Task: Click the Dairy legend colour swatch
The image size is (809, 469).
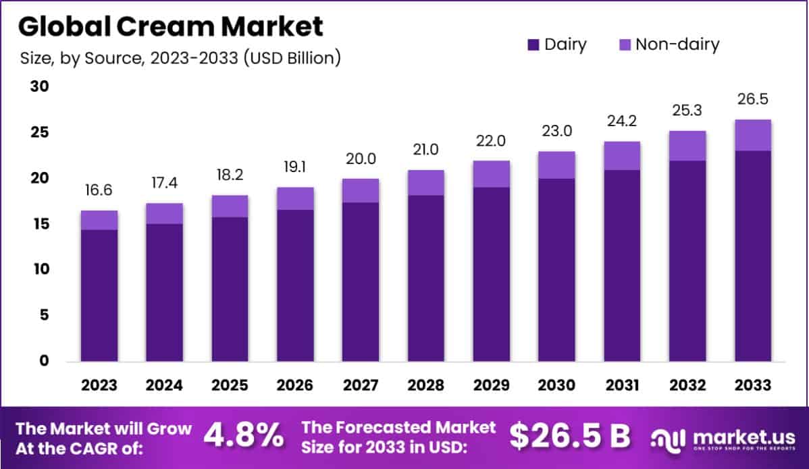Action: click(533, 45)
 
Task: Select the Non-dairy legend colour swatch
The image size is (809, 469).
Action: click(625, 45)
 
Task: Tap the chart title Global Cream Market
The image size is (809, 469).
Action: click(170, 26)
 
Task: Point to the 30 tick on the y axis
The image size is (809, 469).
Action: click(38, 86)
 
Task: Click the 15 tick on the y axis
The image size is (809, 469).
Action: click(38, 223)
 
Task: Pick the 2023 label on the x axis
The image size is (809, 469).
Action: click(99, 385)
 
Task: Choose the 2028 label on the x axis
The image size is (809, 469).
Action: click(425, 385)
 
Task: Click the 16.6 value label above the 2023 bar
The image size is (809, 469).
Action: click(99, 191)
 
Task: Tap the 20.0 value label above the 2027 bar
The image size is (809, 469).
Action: click(360, 159)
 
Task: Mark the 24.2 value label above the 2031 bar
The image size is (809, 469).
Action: click(622, 121)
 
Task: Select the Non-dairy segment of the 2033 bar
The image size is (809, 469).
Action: click(753, 135)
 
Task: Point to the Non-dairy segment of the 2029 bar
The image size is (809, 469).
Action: click(491, 174)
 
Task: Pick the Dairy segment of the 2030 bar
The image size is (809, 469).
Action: click(556, 270)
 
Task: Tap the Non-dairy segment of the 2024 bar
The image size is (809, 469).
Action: click(164, 213)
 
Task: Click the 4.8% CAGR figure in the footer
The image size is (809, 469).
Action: click(244, 437)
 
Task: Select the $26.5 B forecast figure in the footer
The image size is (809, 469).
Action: click(570, 437)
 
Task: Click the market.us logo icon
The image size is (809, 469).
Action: click(667, 439)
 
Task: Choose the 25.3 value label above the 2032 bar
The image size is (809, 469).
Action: click(687, 109)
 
